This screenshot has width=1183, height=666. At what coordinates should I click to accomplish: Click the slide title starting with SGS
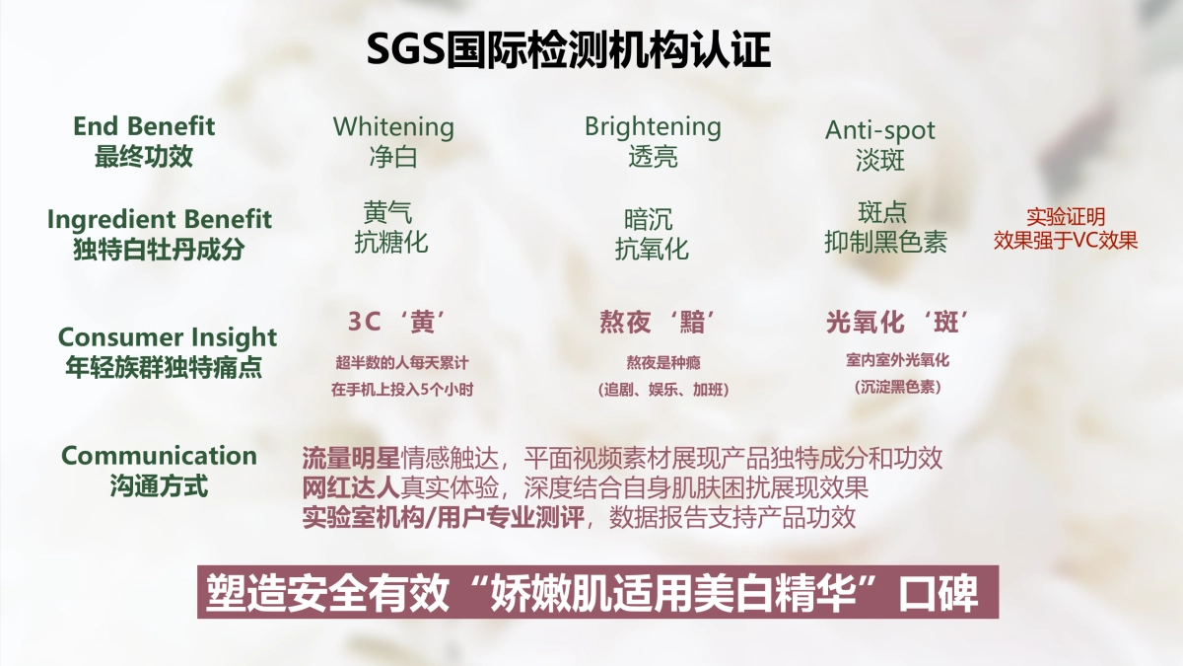pyautogui.click(x=569, y=49)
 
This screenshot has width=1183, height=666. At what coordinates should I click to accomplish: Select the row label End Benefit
pyautogui.click(x=144, y=126)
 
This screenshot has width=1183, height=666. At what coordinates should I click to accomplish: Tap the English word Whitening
pyautogui.click(x=393, y=127)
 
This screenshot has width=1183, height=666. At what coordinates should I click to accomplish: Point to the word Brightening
pyautogui.click(x=653, y=126)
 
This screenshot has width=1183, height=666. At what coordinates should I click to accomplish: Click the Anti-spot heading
pyautogui.click(x=880, y=130)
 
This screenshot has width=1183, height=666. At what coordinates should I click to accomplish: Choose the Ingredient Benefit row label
pyautogui.click(x=159, y=219)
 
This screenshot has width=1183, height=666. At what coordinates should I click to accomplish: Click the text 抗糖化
pyautogui.click(x=391, y=243)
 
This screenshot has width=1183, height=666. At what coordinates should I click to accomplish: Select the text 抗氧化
pyautogui.click(x=652, y=249)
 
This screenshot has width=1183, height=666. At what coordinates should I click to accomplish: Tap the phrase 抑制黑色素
pyautogui.click(x=885, y=243)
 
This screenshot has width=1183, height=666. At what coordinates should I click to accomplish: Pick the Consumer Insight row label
pyautogui.click(x=168, y=337)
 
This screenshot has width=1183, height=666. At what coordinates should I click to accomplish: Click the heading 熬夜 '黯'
pyautogui.click(x=658, y=323)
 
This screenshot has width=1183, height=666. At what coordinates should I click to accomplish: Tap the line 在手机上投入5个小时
pyautogui.click(x=402, y=390)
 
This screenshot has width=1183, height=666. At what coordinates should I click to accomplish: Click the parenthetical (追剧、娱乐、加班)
pyautogui.click(x=663, y=390)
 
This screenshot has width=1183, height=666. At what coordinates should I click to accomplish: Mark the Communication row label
pyautogui.click(x=159, y=456)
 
